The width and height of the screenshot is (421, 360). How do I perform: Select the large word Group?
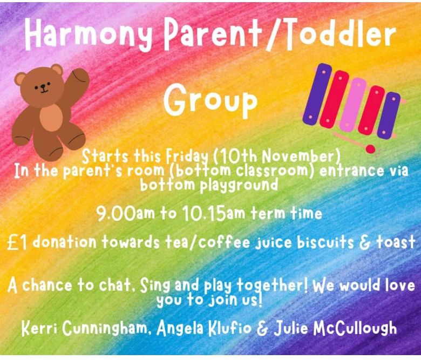tap(210, 100)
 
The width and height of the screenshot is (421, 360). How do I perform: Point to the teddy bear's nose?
tap(43, 86)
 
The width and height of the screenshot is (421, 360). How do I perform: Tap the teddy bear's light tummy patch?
tap(52, 118)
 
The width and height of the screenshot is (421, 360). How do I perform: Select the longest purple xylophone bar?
tap(317, 94)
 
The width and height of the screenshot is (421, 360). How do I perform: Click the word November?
tap(299, 156)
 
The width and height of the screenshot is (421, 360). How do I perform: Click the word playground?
tap(239, 185)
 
